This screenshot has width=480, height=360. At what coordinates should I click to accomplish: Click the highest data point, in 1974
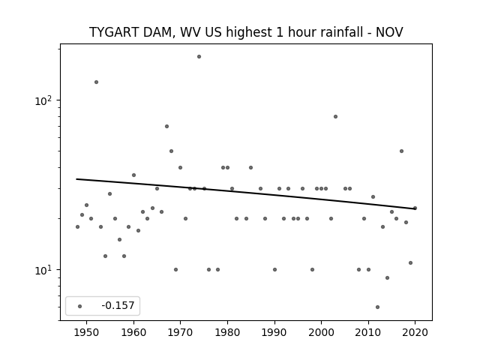coord(199,57)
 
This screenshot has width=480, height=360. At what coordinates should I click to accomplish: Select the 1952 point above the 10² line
coord(96,82)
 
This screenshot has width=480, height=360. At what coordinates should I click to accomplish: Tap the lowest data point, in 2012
coord(377,307)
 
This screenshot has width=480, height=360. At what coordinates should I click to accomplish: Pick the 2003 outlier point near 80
coord(335,117)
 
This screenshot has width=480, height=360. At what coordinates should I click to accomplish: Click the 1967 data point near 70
coord(166,127)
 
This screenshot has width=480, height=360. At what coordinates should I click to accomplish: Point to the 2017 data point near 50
coord(401,151)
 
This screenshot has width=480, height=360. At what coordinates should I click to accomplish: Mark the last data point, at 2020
coord(415,208)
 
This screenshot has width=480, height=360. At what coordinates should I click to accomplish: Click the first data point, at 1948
coord(77,226)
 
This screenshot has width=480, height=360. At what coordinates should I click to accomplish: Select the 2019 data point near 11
coord(410,263)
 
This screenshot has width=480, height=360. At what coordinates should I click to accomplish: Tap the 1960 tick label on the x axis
coord(133,333)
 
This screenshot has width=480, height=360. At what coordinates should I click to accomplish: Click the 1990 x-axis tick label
coord(274,333)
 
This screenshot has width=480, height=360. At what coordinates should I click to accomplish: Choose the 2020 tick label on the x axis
coord(415,333)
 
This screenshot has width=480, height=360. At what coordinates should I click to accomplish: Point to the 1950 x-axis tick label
coord(87,333)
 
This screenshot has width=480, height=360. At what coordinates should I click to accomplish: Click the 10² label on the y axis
coord(43,100)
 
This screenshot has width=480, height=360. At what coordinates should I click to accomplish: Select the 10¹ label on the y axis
coord(43,270)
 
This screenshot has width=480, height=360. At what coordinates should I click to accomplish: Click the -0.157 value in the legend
coord(118,305)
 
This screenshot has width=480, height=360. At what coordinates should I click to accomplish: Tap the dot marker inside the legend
coord(79,306)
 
